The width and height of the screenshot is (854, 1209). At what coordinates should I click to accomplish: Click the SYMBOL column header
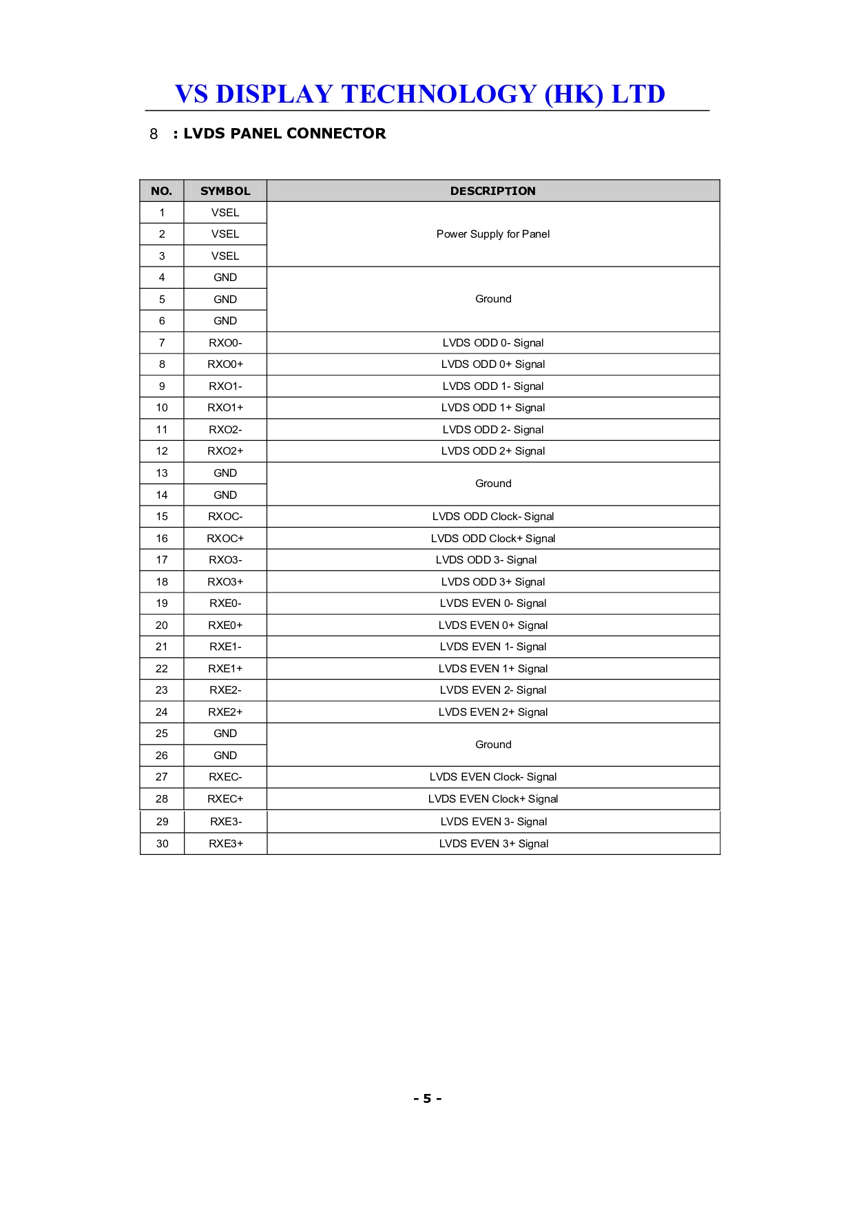pyautogui.click(x=225, y=191)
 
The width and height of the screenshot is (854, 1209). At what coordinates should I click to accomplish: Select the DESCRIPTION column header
pyautogui.click(x=492, y=191)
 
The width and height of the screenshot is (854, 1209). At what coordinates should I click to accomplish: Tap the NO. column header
pyautogui.click(x=161, y=191)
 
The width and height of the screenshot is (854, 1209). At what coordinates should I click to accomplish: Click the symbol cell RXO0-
pyautogui.click(x=225, y=342)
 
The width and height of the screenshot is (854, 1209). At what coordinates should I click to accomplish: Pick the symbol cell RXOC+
pyautogui.click(x=225, y=538)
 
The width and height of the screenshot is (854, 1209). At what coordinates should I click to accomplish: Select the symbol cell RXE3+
pyautogui.click(x=226, y=843)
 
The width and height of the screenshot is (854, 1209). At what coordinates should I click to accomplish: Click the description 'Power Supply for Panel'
pyautogui.click(x=492, y=234)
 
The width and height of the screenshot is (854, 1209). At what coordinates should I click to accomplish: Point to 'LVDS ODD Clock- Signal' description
pyautogui.click(x=492, y=516)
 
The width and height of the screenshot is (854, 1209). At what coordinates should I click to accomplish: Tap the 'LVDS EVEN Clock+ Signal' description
pyautogui.click(x=492, y=798)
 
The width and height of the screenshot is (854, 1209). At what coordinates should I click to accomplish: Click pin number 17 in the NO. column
pyautogui.click(x=162, y=559)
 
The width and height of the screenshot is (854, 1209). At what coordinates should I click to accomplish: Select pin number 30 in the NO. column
pyautogui.click(x=162, y=843)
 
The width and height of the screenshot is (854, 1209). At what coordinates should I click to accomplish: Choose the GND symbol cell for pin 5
pyautogui.click(x=225, y=299)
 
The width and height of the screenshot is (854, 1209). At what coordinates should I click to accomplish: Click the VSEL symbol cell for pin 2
pyautogui.click(x=225, y=234)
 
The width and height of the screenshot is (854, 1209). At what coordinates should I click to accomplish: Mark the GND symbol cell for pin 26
pyautogui.click(x=225, y=755)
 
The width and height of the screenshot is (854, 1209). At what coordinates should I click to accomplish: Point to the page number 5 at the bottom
pyautogui.click(x=427, y=1098)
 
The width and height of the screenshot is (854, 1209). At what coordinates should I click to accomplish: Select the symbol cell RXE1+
pyautogui.click(x=225, y=668)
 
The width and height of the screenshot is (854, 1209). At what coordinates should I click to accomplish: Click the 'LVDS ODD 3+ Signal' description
pyautogui.click(x=492, y=581)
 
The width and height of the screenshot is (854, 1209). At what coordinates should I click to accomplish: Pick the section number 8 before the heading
pyautogui.click(x=154, y=134)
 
